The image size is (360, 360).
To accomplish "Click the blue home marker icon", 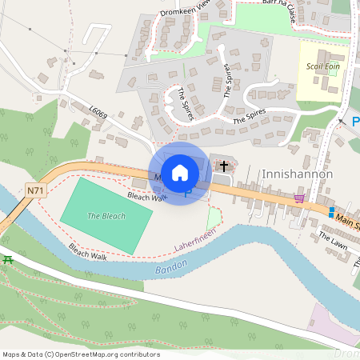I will pos(180,172).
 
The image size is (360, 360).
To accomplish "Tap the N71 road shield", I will pos(34,190).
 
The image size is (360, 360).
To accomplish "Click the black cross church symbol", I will pos(224,166).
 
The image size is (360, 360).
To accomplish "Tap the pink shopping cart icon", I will pos(299,198).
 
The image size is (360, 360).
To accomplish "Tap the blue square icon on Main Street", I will pos(331,212).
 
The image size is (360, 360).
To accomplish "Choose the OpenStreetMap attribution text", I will pos(81,354).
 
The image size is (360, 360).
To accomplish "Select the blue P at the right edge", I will pos(355,122).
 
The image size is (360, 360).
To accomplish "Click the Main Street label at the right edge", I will pos(346,219).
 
